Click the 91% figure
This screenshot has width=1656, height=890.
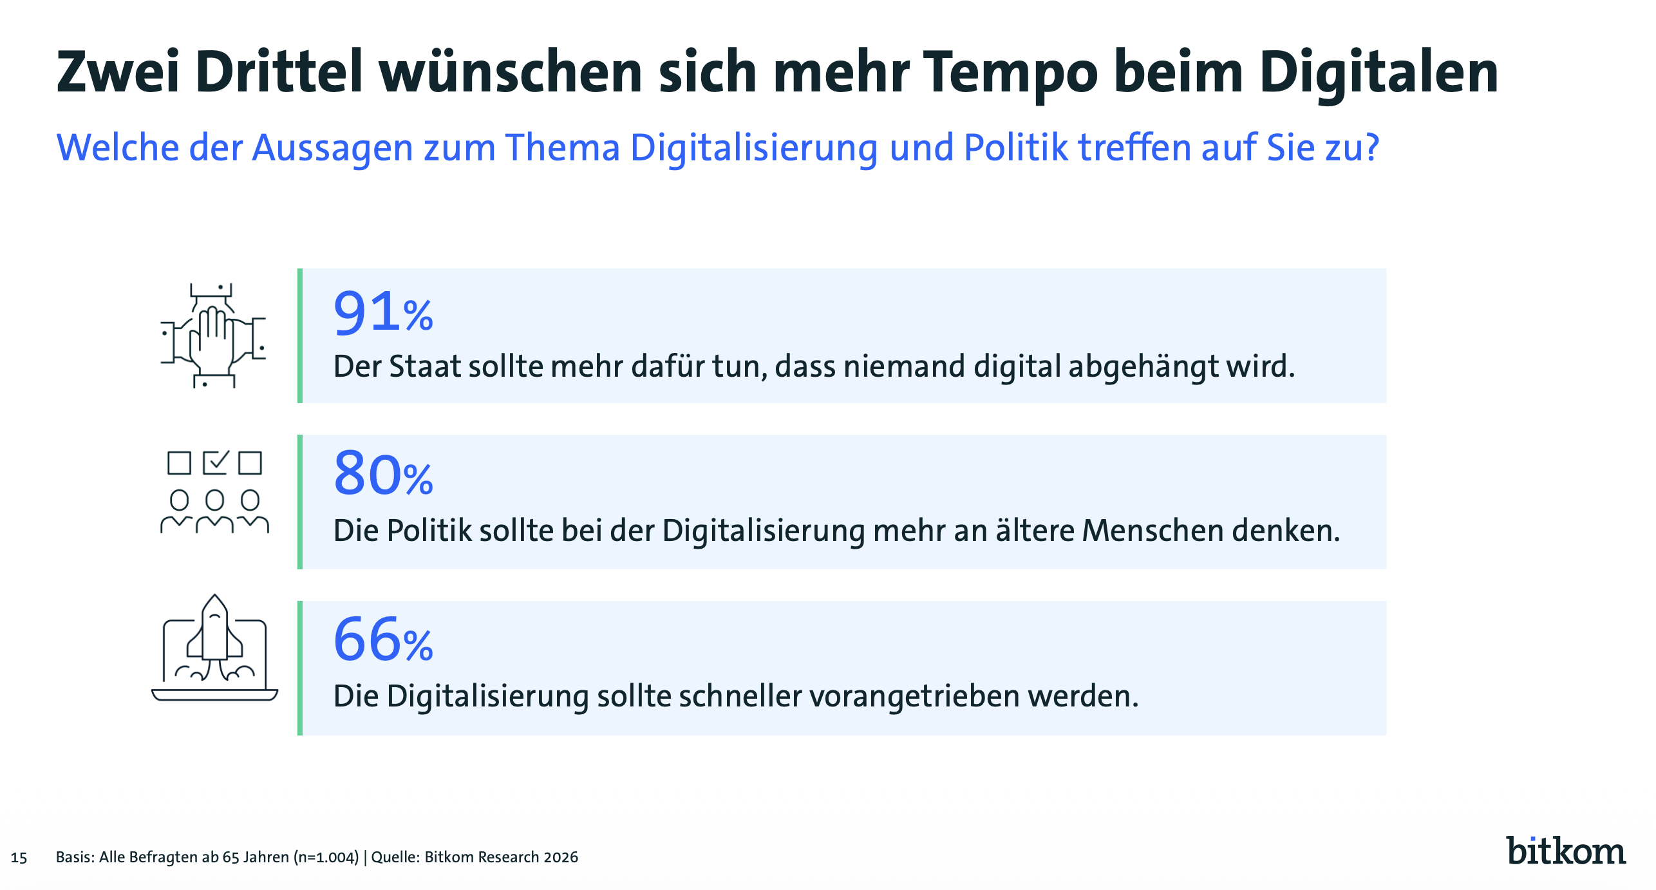click(x=383, y=313)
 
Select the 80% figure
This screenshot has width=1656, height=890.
click(x=383, y=475)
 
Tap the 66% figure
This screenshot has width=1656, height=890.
click(x=383, y=640)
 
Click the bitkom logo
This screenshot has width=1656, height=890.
click(x=1565, y=851)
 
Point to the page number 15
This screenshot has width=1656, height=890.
click(x=19, y=858)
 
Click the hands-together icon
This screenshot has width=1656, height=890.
click(x=214, y=336)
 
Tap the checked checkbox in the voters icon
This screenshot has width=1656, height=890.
click(x=215, y=462)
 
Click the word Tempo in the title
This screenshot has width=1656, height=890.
click(x=1010, y=73)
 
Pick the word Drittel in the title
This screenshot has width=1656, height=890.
click(x=279, y=73)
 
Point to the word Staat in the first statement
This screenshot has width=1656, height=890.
click(x=426, y=366)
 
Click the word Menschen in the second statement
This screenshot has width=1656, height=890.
click(x=1153, y=531)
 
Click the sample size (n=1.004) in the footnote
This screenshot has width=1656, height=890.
click(x=326, y=857)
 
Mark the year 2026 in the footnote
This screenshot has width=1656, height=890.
click(x=561, y=857)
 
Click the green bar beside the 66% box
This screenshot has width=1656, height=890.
click(x=300, y=668)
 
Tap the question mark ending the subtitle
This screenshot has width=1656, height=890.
click(x=1371, y=147)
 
